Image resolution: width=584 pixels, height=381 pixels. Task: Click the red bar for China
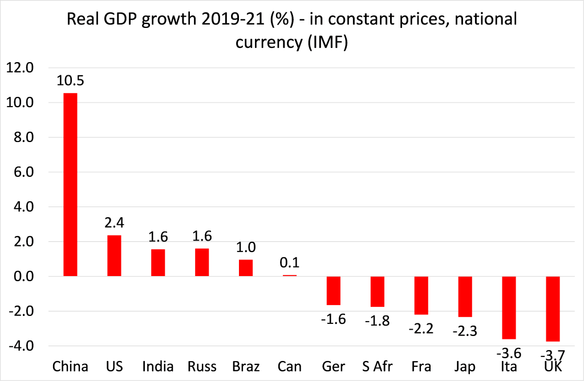point(70,184)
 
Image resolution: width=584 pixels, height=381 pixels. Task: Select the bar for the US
point(115,256)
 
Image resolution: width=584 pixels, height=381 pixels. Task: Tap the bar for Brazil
point(246,268)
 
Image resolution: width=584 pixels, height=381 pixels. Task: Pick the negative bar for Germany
point(333,291)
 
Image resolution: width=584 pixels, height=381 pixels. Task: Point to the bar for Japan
point(465,297)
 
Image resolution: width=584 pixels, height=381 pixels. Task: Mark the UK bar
point(553,309)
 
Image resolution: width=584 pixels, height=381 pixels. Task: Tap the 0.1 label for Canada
point(289,264)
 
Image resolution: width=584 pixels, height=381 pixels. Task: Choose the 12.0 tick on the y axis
point(20,68)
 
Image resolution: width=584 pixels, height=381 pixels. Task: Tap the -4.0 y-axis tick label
point(21,346)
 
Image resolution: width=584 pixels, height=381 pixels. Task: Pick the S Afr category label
point(378,366)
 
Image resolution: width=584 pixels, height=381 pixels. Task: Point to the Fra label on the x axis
point(421,366)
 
